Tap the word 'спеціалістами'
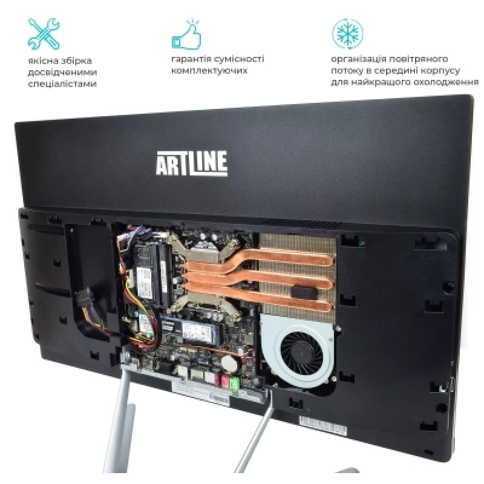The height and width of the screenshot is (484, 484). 62,84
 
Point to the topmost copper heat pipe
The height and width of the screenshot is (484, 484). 290,259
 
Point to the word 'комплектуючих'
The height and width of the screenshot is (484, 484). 209,70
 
